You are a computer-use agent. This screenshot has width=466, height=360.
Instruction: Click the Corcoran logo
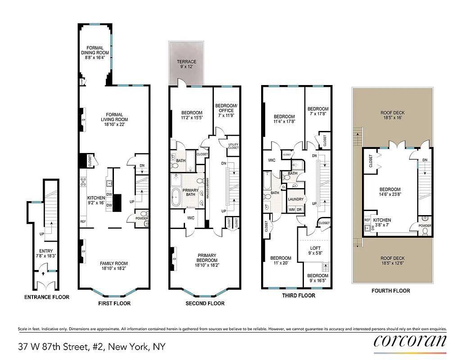tap(410, 341)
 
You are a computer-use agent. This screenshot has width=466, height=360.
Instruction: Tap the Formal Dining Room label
tap(95, 50)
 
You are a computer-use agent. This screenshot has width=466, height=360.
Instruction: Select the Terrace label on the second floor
tap(186, 62)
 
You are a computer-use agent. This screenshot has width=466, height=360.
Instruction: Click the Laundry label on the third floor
tap(296, 199)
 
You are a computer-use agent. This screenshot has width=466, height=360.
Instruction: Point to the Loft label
tap(315, 248)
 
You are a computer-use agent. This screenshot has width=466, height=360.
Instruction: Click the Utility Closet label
tap(233, 146)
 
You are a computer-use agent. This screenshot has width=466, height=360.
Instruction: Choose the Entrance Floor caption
tap(47, 297)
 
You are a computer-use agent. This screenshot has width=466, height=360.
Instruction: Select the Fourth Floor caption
tap(391, 291)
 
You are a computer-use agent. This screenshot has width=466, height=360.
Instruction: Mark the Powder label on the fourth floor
tap(425, 225)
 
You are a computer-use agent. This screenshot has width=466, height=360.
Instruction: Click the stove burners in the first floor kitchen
tap(83, 182)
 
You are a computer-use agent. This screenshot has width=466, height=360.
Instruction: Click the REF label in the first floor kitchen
tap(83, 221)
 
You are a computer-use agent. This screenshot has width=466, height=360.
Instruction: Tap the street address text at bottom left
tap(92, 346)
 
